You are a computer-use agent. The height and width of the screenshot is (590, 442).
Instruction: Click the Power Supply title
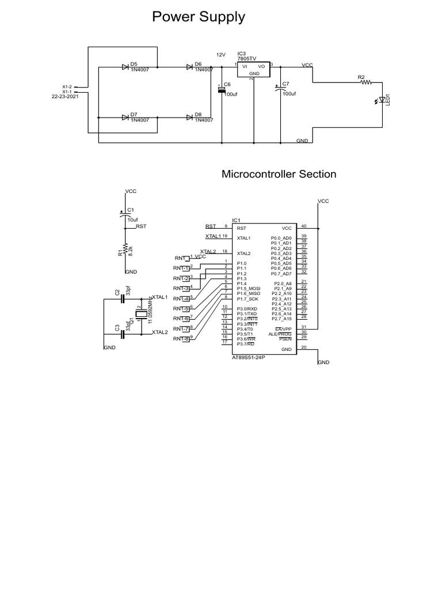point(198,18)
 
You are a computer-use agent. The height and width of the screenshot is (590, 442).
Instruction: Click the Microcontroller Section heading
point(279,174)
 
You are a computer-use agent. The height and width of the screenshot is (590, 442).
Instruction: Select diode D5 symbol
point(125,67)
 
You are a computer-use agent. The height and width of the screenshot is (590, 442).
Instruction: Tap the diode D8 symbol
point(189,118)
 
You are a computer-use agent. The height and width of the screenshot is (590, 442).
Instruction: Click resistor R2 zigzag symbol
point(366,82)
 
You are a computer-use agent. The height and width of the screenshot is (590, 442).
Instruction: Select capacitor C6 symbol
point(220,90)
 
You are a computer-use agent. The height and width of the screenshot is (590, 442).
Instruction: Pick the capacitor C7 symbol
point(280,89)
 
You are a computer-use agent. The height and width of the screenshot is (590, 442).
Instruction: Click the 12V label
point(220,54)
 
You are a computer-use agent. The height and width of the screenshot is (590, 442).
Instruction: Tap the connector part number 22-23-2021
point(65,96)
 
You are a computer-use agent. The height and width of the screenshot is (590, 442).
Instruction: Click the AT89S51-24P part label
point(251,358)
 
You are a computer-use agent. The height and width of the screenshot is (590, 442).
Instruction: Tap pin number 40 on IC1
point(304,226)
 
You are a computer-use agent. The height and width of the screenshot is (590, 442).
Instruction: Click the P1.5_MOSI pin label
point(249,288)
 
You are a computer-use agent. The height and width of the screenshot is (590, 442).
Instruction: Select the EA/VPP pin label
point(283,328)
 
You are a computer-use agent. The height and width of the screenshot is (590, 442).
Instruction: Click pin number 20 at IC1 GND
point(304,347)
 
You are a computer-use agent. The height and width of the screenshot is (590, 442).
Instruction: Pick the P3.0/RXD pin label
point(247,308)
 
